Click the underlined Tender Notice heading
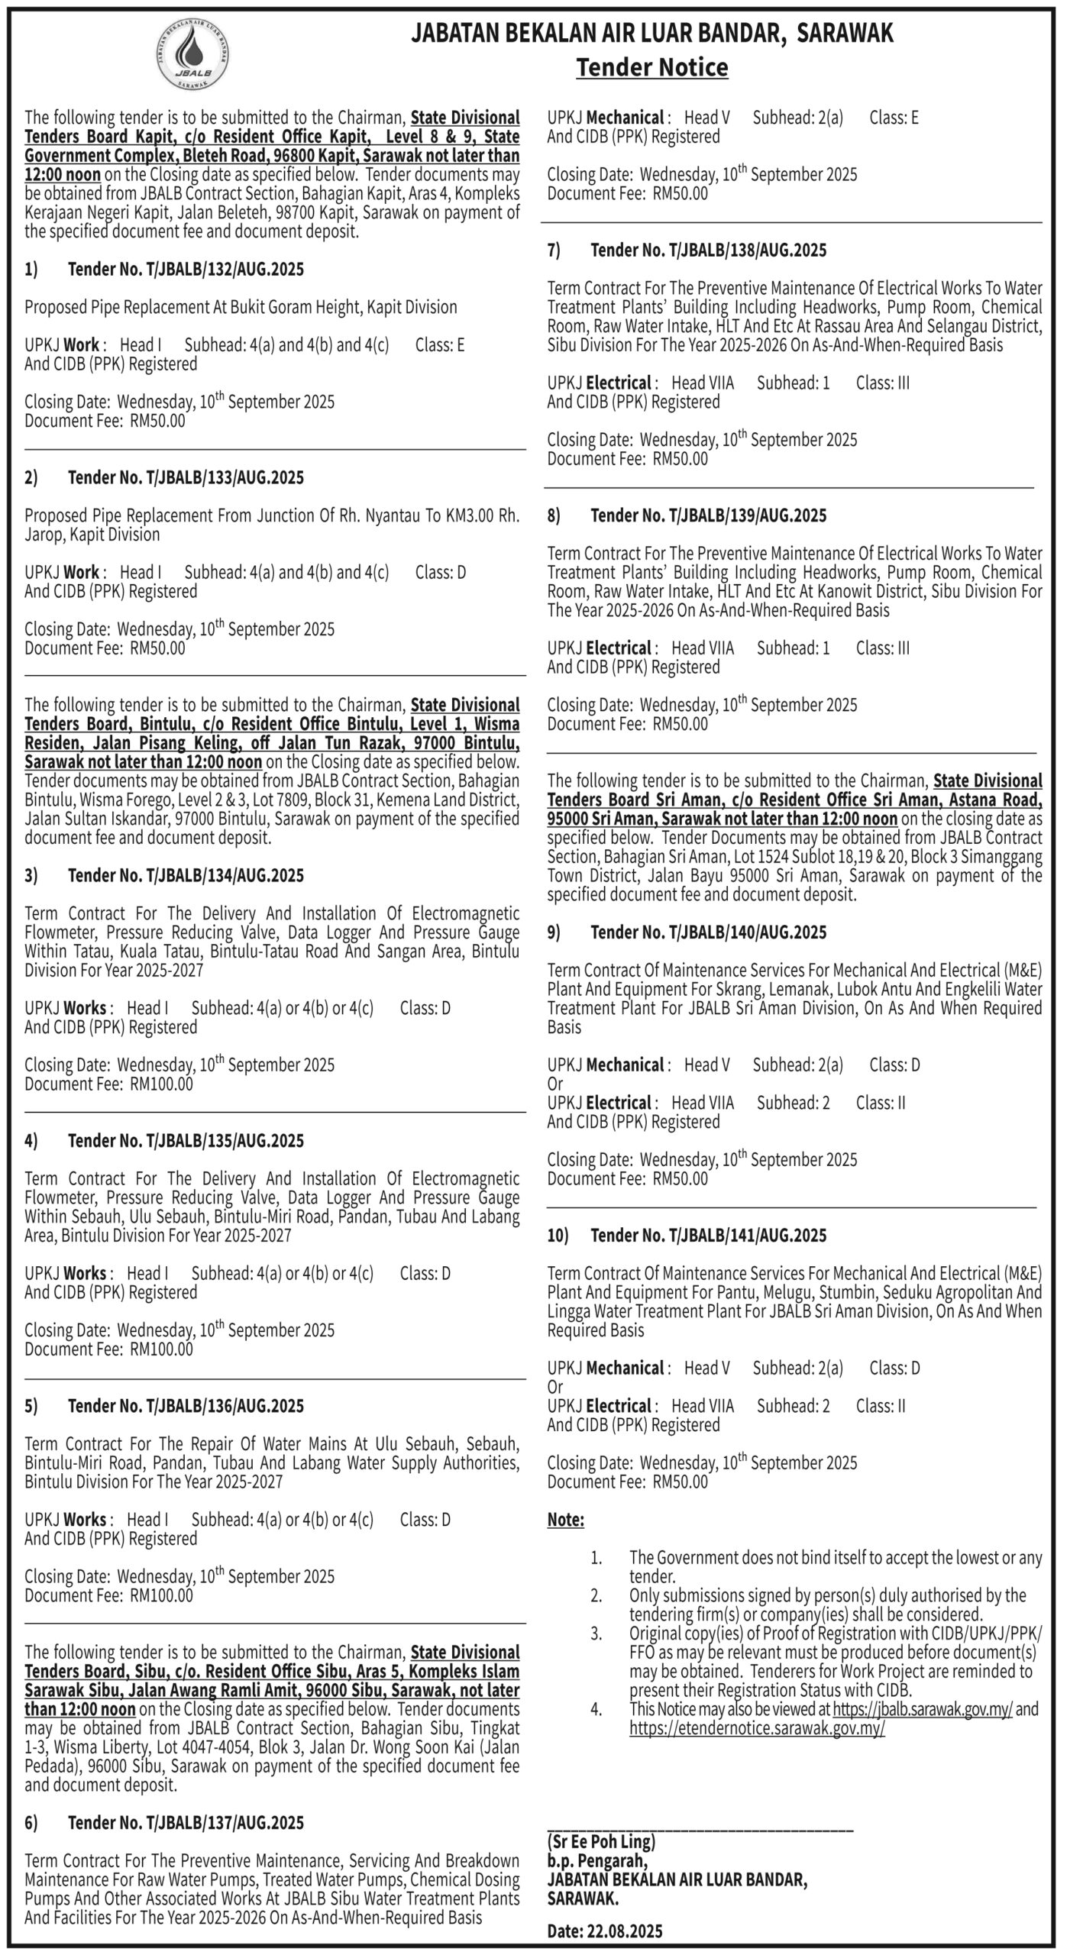point(651,68)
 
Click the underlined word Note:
point(565,1520)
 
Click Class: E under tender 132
point(440,344)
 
